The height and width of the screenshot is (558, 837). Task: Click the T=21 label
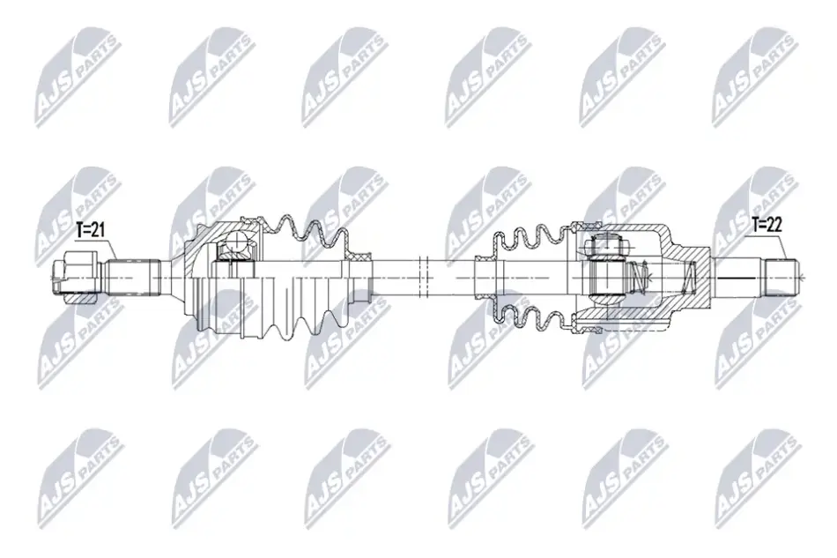click(x=90, y=231)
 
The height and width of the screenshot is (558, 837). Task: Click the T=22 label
click(x=767, y=225)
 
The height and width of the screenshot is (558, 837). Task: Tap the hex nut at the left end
click(x=74, y=277)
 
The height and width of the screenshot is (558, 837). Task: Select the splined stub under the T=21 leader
click(x=133, y=277)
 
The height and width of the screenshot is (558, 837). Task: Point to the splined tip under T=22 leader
click(x=781, y=277)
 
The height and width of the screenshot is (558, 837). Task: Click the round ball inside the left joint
click(x=236, y=246)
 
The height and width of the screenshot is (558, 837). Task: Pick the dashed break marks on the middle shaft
click(x=425, y=278)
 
